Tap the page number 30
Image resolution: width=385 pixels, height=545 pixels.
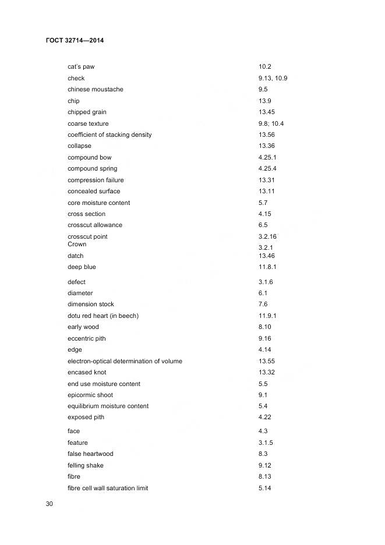pos(50,504)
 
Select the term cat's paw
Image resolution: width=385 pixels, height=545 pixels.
pos(81,67)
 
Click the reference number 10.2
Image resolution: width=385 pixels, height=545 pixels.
pos(265,67)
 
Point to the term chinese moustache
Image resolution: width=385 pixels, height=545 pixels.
pos(96,90)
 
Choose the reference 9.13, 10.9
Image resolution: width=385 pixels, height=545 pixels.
pos(273,78)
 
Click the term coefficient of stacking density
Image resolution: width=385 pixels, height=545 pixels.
pos(110,135)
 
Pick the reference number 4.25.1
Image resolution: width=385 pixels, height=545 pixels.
pos(267,157)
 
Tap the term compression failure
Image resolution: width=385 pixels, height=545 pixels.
pos(96,180)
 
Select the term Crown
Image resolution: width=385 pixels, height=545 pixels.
pos(77,245)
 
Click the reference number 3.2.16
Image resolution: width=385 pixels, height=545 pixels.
pos(267,236)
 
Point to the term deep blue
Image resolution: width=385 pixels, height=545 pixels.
pos(82,267)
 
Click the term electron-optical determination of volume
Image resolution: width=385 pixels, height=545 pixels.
pos(125,361)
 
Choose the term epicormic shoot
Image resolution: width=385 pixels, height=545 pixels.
pos(90,395)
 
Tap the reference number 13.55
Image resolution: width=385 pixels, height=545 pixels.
pos(266,361)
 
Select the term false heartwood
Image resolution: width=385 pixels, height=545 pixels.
pos(90,454)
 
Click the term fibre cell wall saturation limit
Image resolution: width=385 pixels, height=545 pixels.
pos(108,488)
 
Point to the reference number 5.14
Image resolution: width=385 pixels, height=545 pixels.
pos(265,488)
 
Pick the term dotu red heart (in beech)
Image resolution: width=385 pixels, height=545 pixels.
pos(103,316)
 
